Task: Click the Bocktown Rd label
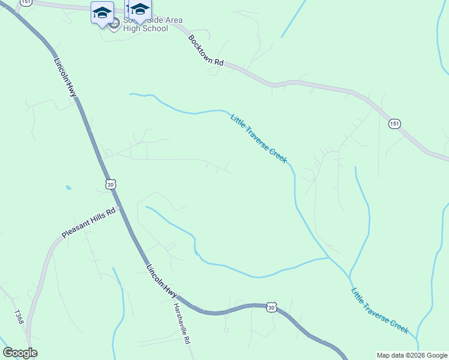pos(206,50)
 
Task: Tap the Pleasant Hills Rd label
pos(89,224)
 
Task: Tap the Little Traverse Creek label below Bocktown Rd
pos(259,138)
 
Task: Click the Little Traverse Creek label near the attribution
pos(380,310)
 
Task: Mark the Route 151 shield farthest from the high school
pos(394,123)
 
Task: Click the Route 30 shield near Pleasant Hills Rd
pos(110,185)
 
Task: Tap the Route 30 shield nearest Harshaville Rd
pos(272,307)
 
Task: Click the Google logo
pos(20,353)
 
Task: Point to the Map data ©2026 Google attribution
pos(412,355)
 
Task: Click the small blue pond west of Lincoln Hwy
pos(68,188)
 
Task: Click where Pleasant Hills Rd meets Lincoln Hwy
pos(119,206)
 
